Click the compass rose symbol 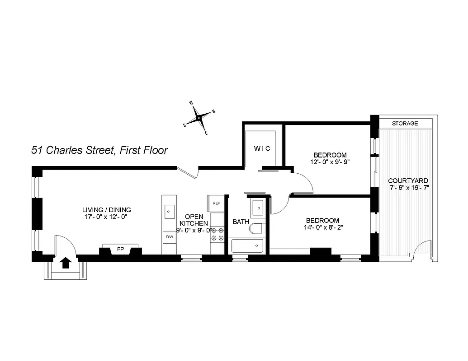coord(199,118)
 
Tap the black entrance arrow coord(66,263)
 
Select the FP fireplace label coord(120,249)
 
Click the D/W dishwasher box coord(170,236)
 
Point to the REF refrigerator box coord(216,203)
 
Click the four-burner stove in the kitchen coord(217,234)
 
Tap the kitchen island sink coord(170,210)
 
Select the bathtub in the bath coord(247,246)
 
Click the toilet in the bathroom coord(256,228)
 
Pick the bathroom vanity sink coord(258,208)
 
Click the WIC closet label coord(262,148)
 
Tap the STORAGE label coord(405,123)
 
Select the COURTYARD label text coord(408,180)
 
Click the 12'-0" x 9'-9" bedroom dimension coord(330,162)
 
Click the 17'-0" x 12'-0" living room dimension coord(106,217)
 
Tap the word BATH coord(241,222)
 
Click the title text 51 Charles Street coord(72,150)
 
